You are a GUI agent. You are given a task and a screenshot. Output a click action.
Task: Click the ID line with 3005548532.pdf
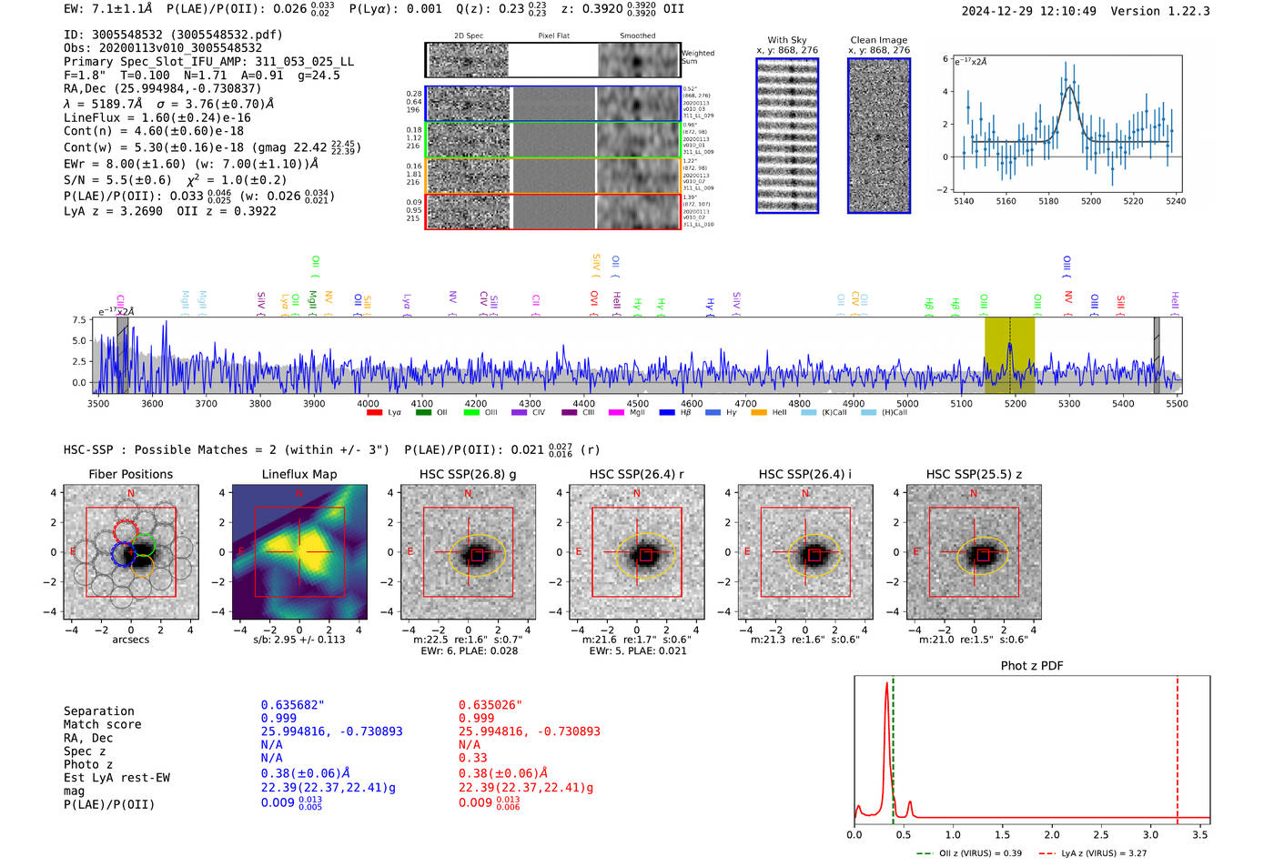(x=173, y=35)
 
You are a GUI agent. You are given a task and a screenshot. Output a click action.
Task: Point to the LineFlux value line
(x=157, y=117)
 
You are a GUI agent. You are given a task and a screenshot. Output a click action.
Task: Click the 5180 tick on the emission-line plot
(x=1048, y=201)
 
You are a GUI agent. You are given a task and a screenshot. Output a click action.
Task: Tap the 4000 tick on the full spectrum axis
(x=368, y=403)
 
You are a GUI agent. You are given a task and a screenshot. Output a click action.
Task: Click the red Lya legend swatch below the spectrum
(x=374, y=413)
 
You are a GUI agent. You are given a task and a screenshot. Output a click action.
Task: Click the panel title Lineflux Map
(x=298, y=474)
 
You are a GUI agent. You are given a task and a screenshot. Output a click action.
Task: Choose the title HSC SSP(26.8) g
(x=468, y=474)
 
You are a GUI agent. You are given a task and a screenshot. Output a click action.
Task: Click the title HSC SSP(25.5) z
(x=974, y=474)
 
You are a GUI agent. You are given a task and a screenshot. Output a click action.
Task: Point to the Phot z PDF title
(x=1032, y=666)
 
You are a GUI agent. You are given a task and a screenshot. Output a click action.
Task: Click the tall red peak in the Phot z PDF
(x=886, y=691)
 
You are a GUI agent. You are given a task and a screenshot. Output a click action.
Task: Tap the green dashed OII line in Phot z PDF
(x=894, y=746)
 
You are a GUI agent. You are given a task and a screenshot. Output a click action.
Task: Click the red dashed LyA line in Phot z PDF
(x=1178, y=746)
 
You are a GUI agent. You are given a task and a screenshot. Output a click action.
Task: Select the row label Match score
(x=102, y=725)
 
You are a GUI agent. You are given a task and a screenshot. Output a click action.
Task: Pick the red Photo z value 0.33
(x=472, y=758)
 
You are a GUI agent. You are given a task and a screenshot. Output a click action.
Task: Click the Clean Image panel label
(x=878, y=40)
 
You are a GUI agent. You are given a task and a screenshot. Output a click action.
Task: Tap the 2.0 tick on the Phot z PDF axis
(x=1052, y=834)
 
